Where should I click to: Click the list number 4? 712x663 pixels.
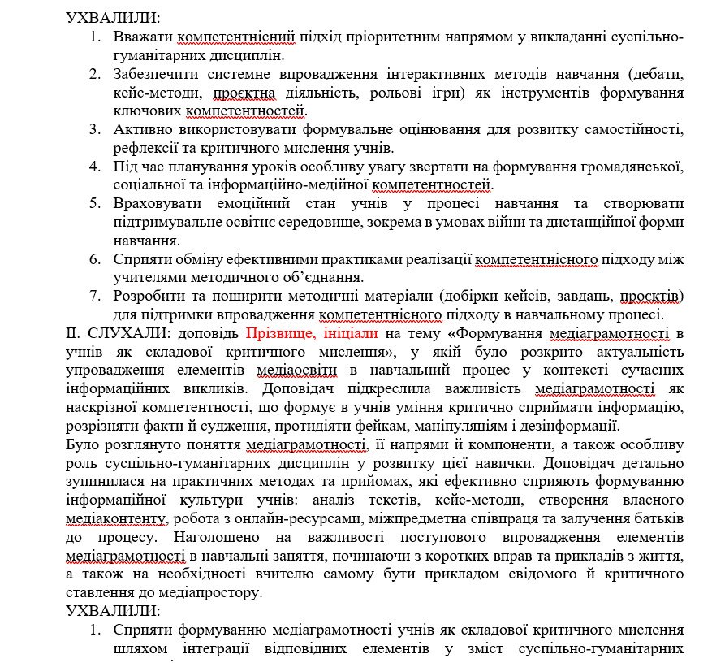(95, 167)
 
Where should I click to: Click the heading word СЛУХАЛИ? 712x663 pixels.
(118, 333)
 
